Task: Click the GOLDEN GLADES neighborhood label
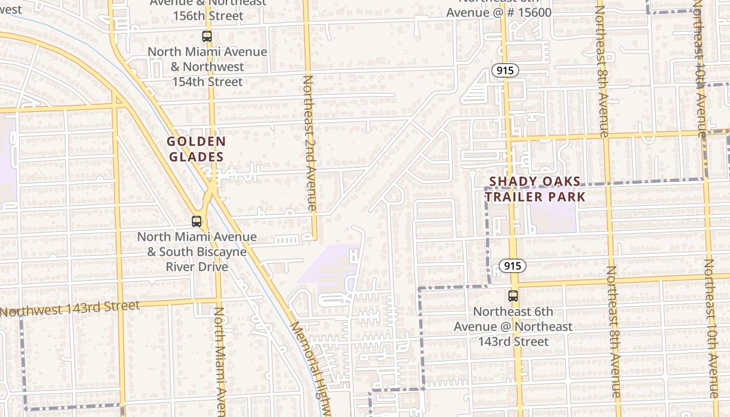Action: pyautogui.click(x=196, y=149)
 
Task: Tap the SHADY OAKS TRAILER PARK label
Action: pyautogui.click(x=535, y=189)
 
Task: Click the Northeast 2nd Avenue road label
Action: pyautogui.click(x=310, y=143)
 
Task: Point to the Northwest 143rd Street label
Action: pyautogui.click(x=70, y=308)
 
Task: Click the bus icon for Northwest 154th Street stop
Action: pyautogui.click(x=207, y=36)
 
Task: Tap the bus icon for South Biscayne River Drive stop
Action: pyautogui.click(x=197, y=222)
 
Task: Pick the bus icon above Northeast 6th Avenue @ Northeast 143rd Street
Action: pyautogui.click(x=513, y=296)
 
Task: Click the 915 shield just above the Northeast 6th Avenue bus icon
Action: pyautogui.click(x=513, y=266)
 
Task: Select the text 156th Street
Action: pyautogui.click(x=208, y=16)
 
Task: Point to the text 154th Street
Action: pyautogui.click(x=208, y=82)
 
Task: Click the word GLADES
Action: pyautogui.click(x=196, y=157)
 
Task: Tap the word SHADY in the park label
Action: pyautogui.click(x=508, y=181)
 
